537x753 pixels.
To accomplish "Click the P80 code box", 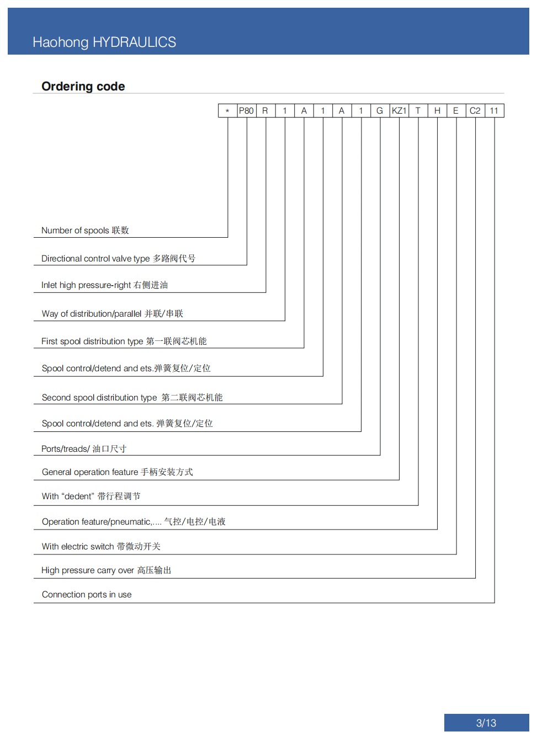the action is pyautogui.click(x=247, y=110).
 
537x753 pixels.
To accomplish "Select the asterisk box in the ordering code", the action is pyautogui.click(x=227, y=110).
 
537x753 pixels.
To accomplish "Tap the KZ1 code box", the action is pyautogui.click(x=399, y=110).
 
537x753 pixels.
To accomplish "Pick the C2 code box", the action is pyautogui.click(x=475, y=110).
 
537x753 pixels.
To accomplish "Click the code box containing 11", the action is pyautogui.click(x=495, y=110).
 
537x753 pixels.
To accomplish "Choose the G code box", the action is pyautogui.click(x=380, y=110).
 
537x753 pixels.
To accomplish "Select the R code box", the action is pyautogui.click(x=265, y=110).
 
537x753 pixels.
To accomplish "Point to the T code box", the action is pyautogui.click(x=418, y=110).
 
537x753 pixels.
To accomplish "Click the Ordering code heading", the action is pyautogui.click(x=83, y=87).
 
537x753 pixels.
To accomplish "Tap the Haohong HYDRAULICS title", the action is pyautogui.click(x=104, y=42).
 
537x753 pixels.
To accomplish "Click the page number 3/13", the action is pyautogui.click(x=486, y=723).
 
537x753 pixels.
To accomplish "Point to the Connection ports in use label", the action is pyautogui.click(x=87, y=594).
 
